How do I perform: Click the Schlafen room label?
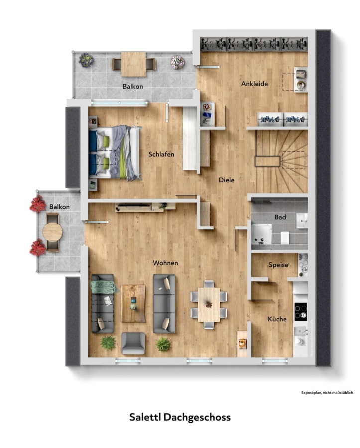[161, 154]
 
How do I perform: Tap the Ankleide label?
[254, 84]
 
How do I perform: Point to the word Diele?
[226, 180]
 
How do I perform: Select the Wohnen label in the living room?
[165, 263]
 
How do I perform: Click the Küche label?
[277, 319]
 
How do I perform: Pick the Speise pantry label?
[278, 265]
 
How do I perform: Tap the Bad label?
[280, 217]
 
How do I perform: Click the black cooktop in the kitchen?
[301, 311]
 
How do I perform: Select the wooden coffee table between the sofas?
[133, 303]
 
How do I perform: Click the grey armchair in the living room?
[133, 343]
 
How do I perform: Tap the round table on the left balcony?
[53, 232]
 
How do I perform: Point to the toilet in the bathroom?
[285, 238]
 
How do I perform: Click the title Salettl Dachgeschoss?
[180, 417]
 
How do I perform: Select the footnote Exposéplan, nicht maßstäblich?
[327, 393]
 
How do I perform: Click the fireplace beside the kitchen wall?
[242, 343]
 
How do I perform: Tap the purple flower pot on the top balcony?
[86, 60]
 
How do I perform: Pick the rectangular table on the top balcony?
[134, 64]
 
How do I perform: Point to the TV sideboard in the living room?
[146, 207]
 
